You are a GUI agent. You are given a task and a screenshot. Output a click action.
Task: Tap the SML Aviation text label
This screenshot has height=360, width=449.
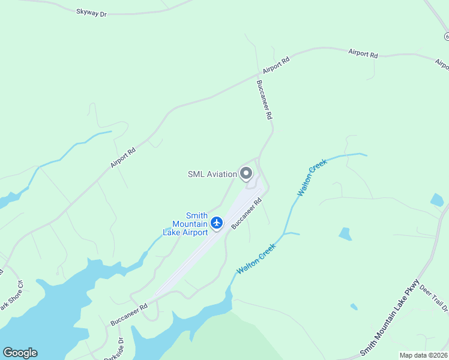click(x=212, y=174)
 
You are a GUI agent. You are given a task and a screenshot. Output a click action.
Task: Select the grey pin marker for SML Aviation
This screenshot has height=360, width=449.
click(x=246, y=173)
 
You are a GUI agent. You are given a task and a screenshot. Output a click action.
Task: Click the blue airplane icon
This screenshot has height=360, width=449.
click(x=217, y=223)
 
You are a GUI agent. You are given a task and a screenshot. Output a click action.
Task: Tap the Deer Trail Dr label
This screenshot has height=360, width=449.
click(x=434, y=298)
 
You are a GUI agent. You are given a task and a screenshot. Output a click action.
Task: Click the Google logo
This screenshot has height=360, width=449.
click(x=20, y=353)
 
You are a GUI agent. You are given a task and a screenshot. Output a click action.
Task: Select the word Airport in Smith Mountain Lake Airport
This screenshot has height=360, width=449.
click(x=193, y=232)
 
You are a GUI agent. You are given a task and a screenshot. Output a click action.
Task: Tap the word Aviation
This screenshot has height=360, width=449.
click(x=222, y=174)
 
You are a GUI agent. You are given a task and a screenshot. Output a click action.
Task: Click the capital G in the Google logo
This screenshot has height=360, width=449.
click(x=8, y=353)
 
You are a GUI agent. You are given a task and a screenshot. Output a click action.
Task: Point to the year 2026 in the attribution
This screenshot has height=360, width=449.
click(x=439, y=355)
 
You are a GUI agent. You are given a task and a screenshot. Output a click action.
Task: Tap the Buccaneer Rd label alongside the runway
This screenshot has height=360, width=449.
click(x=248, y=215)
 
